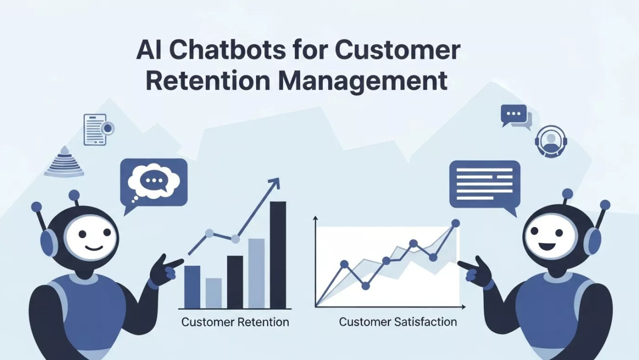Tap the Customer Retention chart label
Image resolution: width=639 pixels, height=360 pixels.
(x=235, y=322)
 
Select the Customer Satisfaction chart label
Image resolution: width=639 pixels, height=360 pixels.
(x=398, y=322)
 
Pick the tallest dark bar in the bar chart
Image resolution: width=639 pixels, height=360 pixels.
(x=278, y=255)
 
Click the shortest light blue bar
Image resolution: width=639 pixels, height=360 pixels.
(x=214, y=293)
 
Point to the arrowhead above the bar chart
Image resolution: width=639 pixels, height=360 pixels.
(x=275, y=182)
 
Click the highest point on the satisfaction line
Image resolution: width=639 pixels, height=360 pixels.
(x=455, y=223)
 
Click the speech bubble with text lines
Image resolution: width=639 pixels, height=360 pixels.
(x=484, y=184)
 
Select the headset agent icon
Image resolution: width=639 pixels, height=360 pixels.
(x=551, y=141)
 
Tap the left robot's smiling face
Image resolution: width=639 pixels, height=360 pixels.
(x=91, y=238)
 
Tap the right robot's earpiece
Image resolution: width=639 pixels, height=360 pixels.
(x=592, y=241)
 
